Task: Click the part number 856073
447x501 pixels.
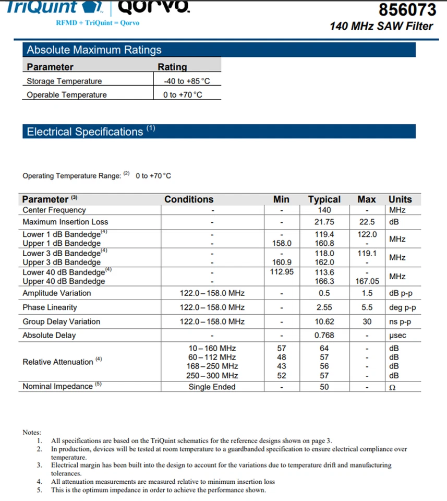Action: tap(407, 10)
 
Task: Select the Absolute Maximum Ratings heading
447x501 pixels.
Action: tap(94, 50)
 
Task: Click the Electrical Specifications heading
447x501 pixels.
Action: tap(85, 132)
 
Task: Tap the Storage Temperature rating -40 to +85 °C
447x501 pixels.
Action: tap(187, 81)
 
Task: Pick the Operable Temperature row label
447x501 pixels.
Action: tap(67, 95)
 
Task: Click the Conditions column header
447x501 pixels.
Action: tap(189, 199)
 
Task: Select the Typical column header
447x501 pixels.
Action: tap(324, 199)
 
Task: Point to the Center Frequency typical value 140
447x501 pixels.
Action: tap(324, 210)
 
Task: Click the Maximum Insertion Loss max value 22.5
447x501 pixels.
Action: tap(367, 222)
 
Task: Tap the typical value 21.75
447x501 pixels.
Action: tap(324, 222)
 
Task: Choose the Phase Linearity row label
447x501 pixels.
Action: tap(50, 307)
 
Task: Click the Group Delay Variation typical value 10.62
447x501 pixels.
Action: tap(324, 321)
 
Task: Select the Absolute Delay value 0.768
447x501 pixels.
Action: tap(324, 336)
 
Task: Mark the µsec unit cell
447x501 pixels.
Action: tap(398, 336)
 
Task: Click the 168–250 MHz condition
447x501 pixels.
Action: tap(212, 366)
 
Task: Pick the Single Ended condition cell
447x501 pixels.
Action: tap(212, 387)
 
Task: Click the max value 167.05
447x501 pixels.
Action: tap(367, 281)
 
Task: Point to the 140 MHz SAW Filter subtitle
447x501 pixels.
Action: tap(381, 26)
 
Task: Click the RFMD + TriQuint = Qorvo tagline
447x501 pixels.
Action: tap(98, 23)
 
